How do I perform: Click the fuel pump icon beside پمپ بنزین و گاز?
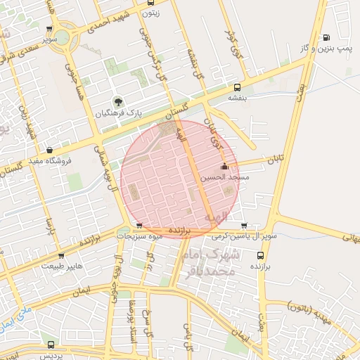coord(325,38)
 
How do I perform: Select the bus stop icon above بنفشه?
coord(238,89)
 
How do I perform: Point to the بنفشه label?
coord(237,98)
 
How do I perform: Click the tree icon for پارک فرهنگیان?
coord(117,102)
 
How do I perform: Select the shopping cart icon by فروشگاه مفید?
coord(49,150)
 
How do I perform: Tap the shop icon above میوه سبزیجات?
coord(139,226)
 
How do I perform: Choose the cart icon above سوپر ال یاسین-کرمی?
coord(244,226)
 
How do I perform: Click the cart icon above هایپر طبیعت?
coord(62,256)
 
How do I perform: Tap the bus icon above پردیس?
coord(51,345)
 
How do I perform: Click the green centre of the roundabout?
coord(64,35)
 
